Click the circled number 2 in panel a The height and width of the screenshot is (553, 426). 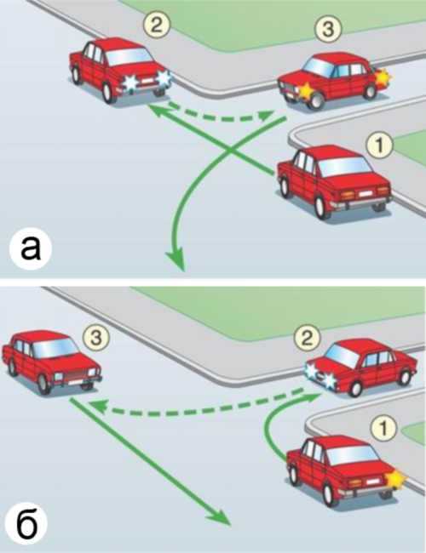click(156, 26)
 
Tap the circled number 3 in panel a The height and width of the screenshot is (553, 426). click(328, 29)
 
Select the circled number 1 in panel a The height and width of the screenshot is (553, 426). click(380, 145)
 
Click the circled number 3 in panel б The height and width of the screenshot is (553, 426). click(96, 338)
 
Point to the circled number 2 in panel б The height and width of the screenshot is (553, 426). click(307, 339)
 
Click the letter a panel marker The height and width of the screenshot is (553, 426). click(31, 249)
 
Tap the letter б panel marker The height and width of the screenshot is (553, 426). click(27, 523)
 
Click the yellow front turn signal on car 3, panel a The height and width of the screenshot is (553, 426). click(305, 89)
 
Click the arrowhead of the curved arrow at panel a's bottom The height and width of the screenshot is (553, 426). click(176, 259)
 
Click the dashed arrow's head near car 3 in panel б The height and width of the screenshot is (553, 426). click(96, 406)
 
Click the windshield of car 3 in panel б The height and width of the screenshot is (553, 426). click(55, 348)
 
